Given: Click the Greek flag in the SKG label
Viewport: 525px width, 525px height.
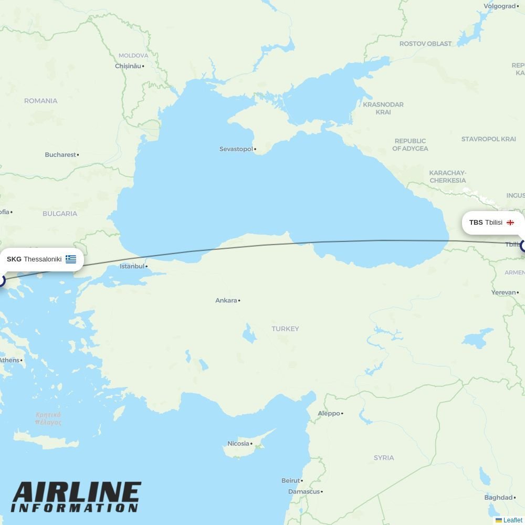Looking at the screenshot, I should (x=71, y=259).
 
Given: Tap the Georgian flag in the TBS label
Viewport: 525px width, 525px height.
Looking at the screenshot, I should (x=510, y=223).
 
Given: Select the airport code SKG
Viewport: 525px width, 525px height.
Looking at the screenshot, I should (x=14, y=259).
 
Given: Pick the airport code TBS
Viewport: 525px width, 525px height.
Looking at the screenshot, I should (x=476, y=223).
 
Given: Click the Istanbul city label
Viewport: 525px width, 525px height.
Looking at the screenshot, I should (x=132, y=266).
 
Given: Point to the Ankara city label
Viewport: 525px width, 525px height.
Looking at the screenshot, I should (x=226, y=301).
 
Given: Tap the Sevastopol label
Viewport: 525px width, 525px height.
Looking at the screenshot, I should (x=236, y=149).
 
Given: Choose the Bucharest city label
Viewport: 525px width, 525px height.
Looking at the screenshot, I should (x=60, y=155).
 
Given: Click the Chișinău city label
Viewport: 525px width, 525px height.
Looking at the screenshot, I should (x=128, y=66).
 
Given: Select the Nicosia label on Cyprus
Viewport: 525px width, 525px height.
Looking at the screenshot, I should (x=238, y=444).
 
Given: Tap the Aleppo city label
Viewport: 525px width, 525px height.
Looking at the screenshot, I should (x=329, y=414).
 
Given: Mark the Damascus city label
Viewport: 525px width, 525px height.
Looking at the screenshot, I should (x=304, y=492).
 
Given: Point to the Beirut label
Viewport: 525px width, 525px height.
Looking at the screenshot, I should (x=291, y=480).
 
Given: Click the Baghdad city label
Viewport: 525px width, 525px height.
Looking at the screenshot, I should (x=498, y=498).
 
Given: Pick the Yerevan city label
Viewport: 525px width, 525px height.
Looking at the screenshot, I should (x=503, y=292).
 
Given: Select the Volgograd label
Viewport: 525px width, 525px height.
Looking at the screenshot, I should (x=499, y=6).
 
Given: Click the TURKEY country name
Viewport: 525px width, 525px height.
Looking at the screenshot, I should (x=285, y=329).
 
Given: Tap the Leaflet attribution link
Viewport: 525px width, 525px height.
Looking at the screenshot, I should (x=512, y=520).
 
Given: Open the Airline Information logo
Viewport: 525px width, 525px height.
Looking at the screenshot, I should (x=76, y=497).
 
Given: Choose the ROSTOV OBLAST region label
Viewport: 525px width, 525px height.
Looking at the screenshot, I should (x=425, y=44).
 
